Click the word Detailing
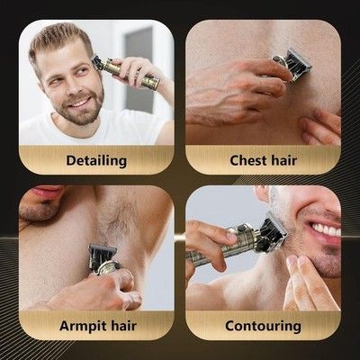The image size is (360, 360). [x=96, y=161]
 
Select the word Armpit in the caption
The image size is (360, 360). [x=79, y=327]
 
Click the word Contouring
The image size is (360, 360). [x=263, y=327]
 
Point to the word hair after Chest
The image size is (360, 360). [x=283, y=160]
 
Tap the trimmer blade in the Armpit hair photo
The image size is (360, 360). [x=102, y=255]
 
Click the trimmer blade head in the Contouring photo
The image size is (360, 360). [x=273, y=231]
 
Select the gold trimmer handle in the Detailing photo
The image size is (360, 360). [x=132, y=74]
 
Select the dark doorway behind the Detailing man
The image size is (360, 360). [x=139, y=69]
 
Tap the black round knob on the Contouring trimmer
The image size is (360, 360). [x=242, y=228]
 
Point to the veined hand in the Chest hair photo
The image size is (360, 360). [x=237, y=90]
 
